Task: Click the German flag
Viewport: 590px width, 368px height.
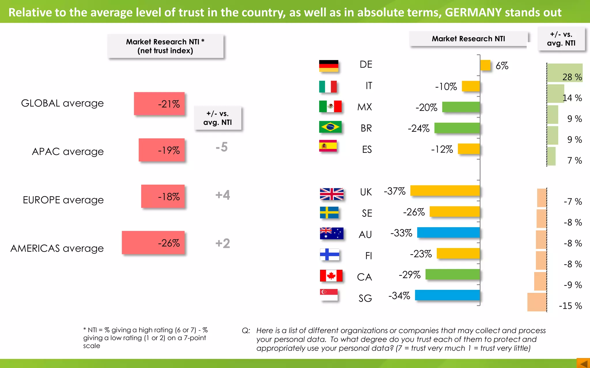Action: point(328,66)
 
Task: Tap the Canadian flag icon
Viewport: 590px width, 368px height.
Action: point(331,275)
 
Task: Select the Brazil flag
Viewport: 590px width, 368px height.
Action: point(330,127)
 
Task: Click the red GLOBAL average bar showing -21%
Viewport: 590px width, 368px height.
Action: point(159,103)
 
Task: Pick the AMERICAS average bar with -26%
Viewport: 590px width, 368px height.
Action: point(153,243)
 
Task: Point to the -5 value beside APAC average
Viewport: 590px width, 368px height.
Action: point(222,147)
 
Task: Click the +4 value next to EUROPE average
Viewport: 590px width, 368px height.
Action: point(223,195)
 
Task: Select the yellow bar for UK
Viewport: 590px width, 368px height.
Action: point(445,191)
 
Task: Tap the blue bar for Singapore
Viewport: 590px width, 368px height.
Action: point(447,295)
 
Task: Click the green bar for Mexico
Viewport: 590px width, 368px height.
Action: point(461,107)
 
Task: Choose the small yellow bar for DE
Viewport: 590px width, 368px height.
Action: point(485,65)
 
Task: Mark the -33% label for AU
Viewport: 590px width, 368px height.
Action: point(401,233)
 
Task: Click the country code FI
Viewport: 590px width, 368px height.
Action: point(368,256)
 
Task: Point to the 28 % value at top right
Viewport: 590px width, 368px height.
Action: point(572,77)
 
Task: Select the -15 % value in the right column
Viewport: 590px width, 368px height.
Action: point(570,306)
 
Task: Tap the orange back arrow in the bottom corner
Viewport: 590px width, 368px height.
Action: point(584,363)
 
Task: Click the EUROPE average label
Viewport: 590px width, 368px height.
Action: point(63,200)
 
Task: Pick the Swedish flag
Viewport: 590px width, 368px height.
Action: point(329,213)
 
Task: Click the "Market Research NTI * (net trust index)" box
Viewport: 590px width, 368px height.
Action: point(165,46)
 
